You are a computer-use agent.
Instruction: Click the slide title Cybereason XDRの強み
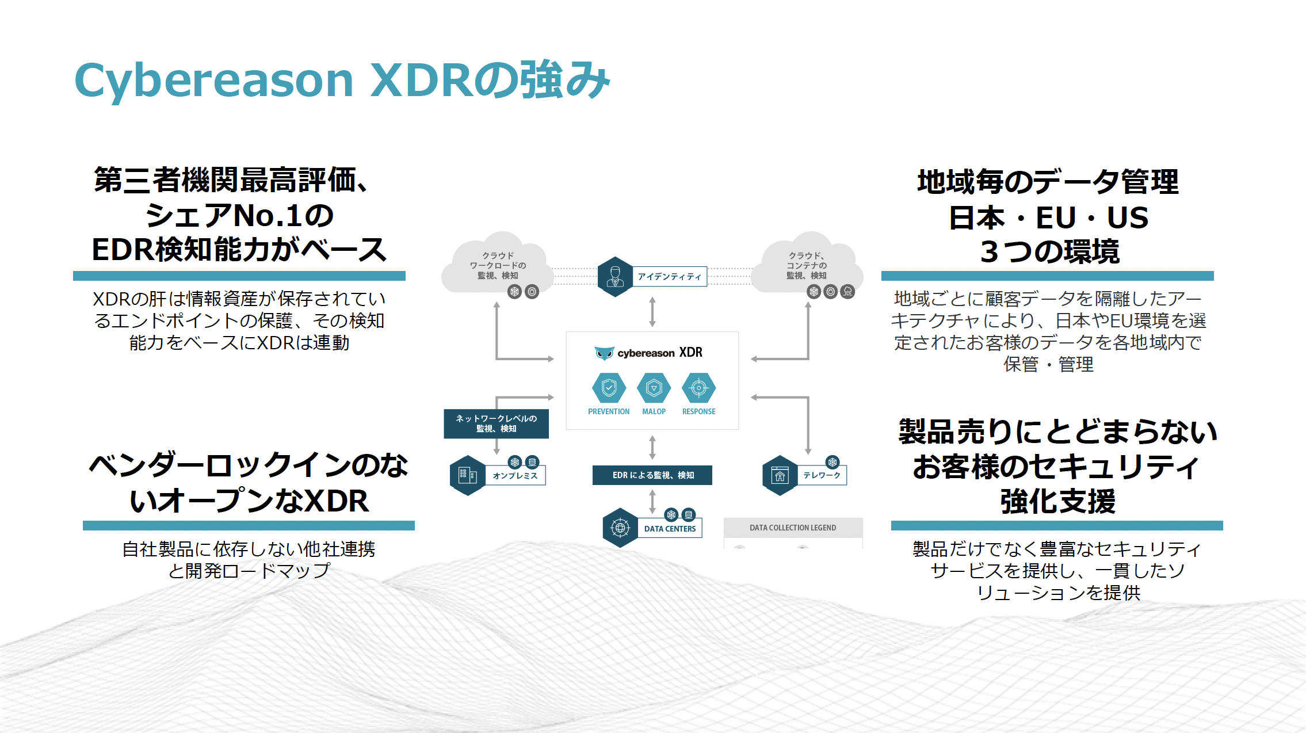[x=342, y=81]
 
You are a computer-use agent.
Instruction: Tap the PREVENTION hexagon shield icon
[x=609, y=388]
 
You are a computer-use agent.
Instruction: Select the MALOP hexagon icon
[x=654, y=388]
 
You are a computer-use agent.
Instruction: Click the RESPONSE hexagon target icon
[x=698, y=388]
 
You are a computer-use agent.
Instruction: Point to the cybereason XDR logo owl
[x=604, y=353]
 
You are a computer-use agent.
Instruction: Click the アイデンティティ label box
[x=670, y=277]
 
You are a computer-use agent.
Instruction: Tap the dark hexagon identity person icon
[x=615, y=277]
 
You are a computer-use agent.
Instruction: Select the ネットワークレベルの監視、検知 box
[x=496, y=423]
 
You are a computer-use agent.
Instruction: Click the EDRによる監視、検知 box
[x=652, y=475]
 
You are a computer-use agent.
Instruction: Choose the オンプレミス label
[x=515, y=476]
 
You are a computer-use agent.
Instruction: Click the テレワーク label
[x=822, y=475]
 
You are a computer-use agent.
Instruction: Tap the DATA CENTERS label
[x=670, y=529]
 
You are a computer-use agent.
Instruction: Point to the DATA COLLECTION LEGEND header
[x=793, y=528]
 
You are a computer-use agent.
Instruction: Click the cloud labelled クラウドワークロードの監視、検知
[x=498, y=265]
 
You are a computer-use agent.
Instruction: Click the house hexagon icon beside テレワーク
[x=780, y=475]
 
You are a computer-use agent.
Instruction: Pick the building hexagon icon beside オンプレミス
[x=467, y=475]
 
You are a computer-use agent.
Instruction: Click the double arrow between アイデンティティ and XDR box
[x=652, y=312]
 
